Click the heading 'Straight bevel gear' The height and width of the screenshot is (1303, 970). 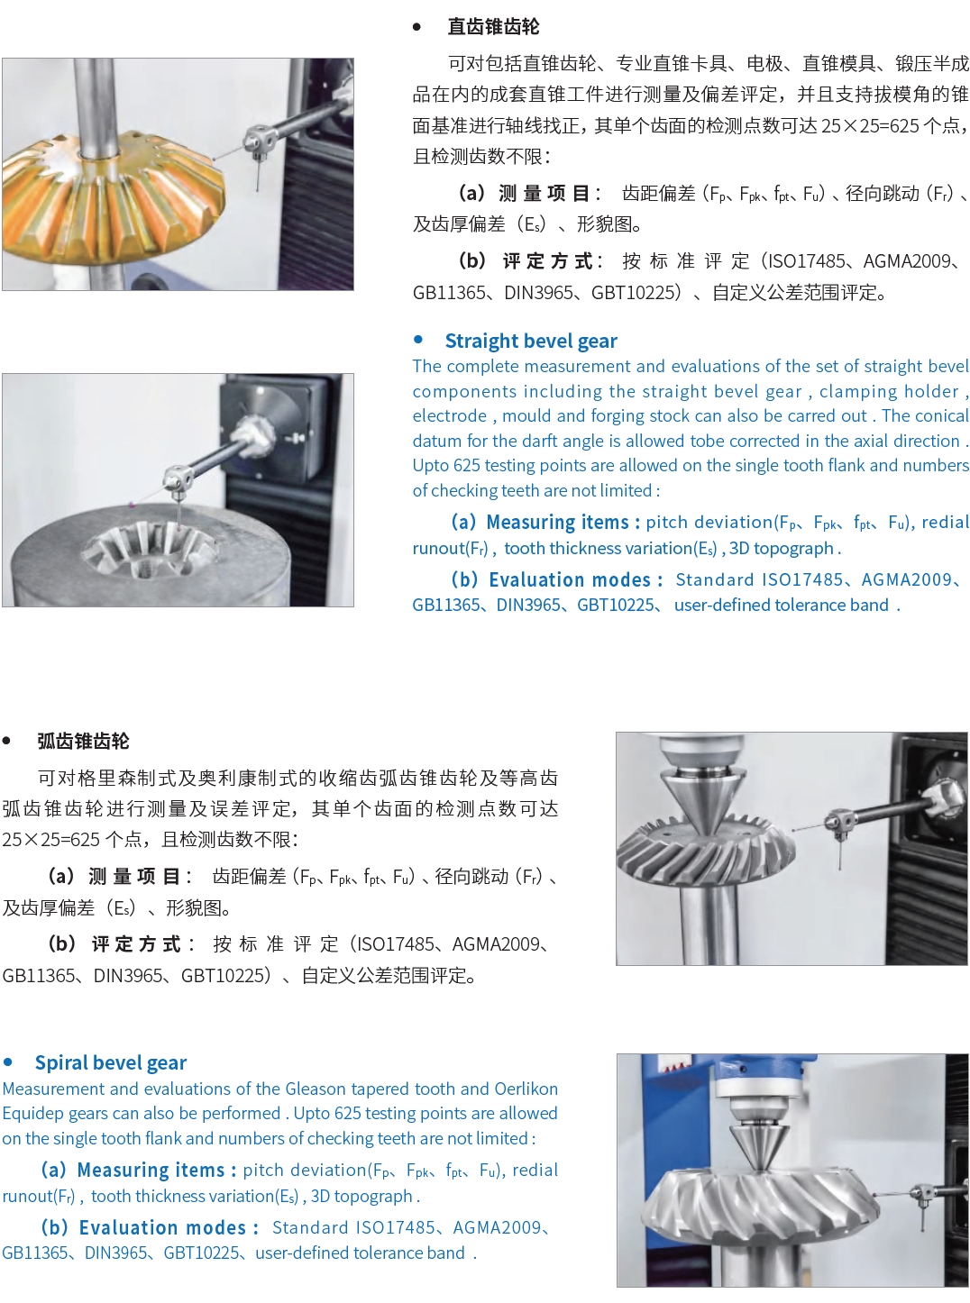[531, 342]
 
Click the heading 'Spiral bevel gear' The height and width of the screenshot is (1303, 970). [111, 1062]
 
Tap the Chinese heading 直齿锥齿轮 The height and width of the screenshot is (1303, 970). [493, 26]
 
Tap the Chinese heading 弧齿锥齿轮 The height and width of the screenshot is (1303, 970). [83, 742]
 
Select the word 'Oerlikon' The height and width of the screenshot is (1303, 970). [526, 1089]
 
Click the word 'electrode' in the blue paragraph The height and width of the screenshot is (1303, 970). [450, 416]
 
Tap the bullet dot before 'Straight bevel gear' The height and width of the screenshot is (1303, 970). [418, 340]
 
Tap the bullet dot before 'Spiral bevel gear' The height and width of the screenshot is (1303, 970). [7, 1062]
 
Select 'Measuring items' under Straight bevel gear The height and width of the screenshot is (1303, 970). [557, 523]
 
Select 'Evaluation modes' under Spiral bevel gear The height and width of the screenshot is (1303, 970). [162, 1228]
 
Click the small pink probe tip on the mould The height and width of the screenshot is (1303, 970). [131, 505]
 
